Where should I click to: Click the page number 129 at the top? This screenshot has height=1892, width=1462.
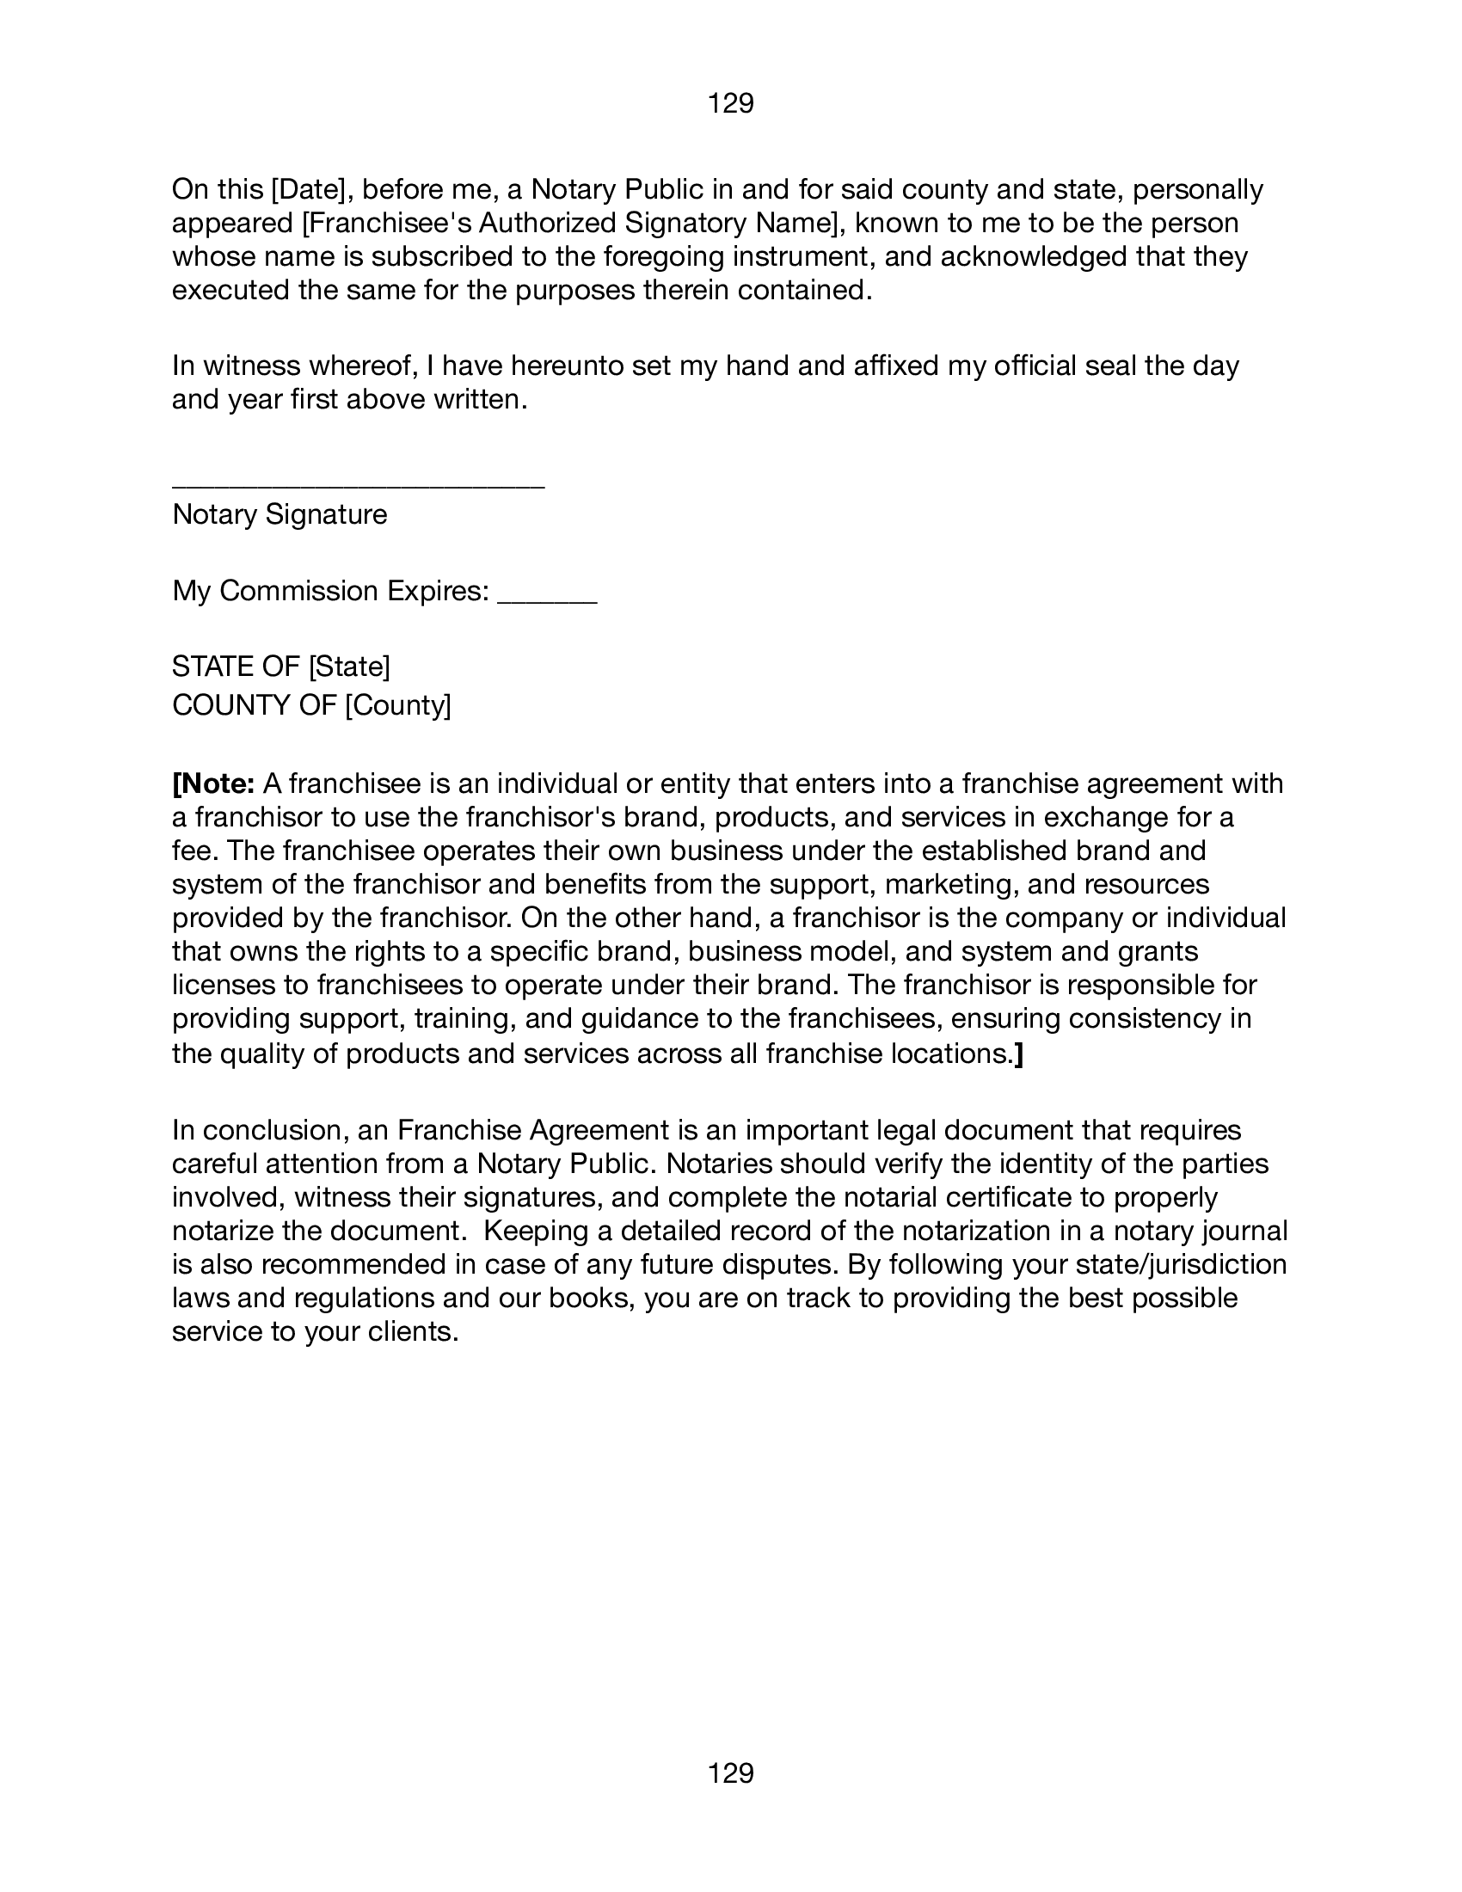[x=730, y=104]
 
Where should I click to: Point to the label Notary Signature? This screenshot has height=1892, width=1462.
[x=279, y=514]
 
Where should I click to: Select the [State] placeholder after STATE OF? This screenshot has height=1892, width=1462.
[x=349, y=666]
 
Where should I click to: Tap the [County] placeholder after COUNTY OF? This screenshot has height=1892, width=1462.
[x=398, y=705]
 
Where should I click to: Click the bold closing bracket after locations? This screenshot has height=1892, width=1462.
[x=1018, y=1054]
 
